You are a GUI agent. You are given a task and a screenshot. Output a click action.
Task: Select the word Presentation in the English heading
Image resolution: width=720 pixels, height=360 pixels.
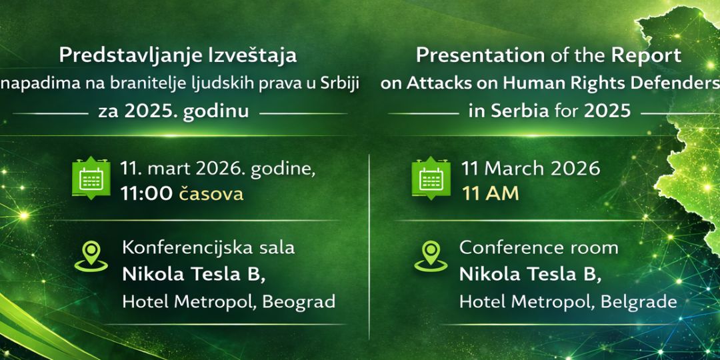tap(480, 56)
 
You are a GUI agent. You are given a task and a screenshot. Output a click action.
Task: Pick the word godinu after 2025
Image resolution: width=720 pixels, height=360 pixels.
tap(216, 112)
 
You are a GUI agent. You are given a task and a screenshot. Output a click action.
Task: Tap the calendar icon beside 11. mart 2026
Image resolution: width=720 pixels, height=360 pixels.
tap(91, 178)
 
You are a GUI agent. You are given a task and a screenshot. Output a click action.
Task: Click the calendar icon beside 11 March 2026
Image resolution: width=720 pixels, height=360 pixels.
tap(431, 178)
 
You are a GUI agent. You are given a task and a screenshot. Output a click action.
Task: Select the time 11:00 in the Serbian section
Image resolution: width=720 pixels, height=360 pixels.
tap(147, 194)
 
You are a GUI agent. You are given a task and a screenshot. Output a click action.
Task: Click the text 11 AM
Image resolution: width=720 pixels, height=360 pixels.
tap(491, 194)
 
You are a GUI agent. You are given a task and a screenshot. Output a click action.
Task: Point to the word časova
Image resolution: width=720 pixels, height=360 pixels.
tap(211, 194)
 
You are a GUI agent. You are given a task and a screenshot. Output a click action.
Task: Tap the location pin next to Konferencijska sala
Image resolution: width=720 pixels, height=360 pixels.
tap(91, 256)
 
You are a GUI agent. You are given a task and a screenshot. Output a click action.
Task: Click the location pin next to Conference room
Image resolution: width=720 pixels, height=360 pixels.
tap(431, 256)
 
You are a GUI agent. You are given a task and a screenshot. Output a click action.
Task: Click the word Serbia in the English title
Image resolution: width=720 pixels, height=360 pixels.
tap(520, 111)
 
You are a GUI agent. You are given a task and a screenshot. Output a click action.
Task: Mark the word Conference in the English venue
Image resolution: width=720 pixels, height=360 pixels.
tap(508, 248)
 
